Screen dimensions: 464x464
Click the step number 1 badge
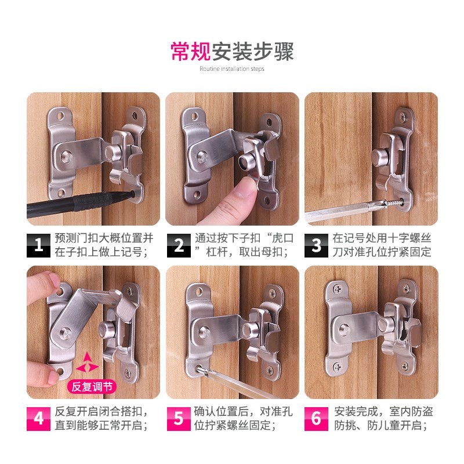[x=38, y=245]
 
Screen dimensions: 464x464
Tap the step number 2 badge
[x=179, y=245]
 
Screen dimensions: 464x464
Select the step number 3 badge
[x=316, y=245]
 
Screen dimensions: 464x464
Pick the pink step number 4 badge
[x=38, y=419]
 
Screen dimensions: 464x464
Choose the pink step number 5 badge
[x=179, y=419]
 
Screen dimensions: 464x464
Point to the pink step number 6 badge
[x=316, y=419]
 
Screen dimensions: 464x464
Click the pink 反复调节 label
[x=92, y=386]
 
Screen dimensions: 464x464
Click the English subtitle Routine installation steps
[x=231, y=68]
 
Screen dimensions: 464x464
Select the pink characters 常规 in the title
[x=191, y=52]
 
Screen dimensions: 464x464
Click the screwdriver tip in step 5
[x=200, y=368]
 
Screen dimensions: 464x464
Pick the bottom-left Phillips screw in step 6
[x=338, y=367]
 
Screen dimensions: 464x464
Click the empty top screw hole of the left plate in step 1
[x=60, y=115]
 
